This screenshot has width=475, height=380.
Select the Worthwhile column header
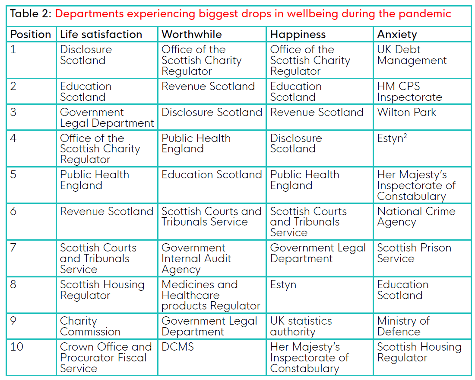click(x=191, y=35)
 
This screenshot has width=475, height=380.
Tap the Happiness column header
click(x=298, y=35)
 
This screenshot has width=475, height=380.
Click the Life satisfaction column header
click(x=101, y=35)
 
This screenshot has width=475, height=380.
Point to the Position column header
click(x=30, y=35)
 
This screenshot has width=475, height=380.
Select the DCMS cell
click(x=178, y=347)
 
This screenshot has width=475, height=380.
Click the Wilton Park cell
click(x=406, y=113)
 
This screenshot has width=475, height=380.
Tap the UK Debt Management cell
click(x=412, y=55)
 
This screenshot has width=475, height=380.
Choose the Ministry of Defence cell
click(x=403, y=326)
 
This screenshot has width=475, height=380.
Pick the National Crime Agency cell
click(x=416, y=217)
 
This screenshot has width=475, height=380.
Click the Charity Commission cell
click(x=90, y=326)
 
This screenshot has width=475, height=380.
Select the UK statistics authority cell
click(x=301, y=326)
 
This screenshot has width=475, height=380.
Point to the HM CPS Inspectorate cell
click(x=409, y=92)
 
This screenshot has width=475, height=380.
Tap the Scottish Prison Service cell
click(x=414, y=253)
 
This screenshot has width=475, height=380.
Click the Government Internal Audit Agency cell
click(x=196, y=259)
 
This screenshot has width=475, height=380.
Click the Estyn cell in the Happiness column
click(x=283, y=285)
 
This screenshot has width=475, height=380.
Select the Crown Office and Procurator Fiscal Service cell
click(x=106, y=357)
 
